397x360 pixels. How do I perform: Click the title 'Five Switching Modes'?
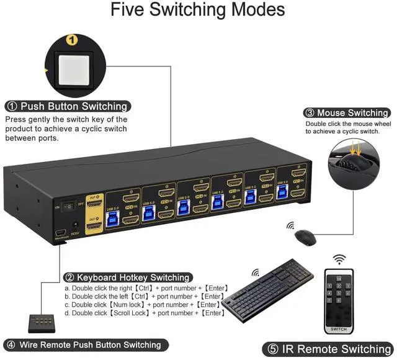tap(198, 11)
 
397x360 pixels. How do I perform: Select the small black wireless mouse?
tap(303, 236)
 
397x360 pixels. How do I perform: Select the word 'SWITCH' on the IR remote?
tap(339, 329)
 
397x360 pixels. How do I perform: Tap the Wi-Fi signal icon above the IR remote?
tap(339, 259)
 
